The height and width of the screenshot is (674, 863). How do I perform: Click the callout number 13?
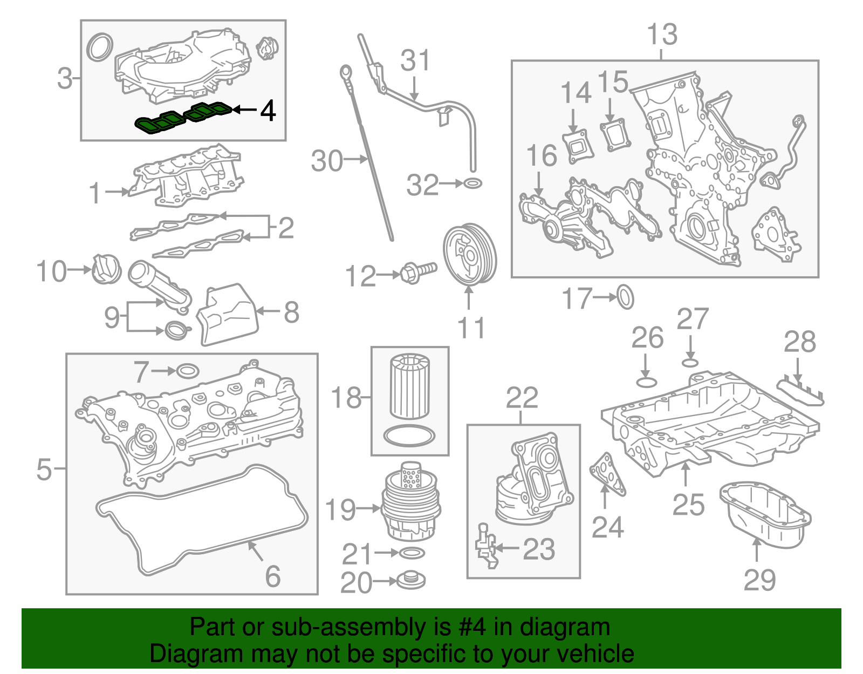point(662,35)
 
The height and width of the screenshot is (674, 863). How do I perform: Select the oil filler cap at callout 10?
point(106,269)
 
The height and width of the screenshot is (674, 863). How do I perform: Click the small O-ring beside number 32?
point(472,183)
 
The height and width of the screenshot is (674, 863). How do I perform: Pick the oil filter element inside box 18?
point(409,385)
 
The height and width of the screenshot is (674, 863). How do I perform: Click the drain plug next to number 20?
point(411,581)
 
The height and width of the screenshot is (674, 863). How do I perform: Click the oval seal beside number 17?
point(625,297)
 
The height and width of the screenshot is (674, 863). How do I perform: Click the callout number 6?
point(272,576)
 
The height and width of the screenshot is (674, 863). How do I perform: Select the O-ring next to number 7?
point(187,371)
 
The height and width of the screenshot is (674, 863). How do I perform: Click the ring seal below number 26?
point(647,382)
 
